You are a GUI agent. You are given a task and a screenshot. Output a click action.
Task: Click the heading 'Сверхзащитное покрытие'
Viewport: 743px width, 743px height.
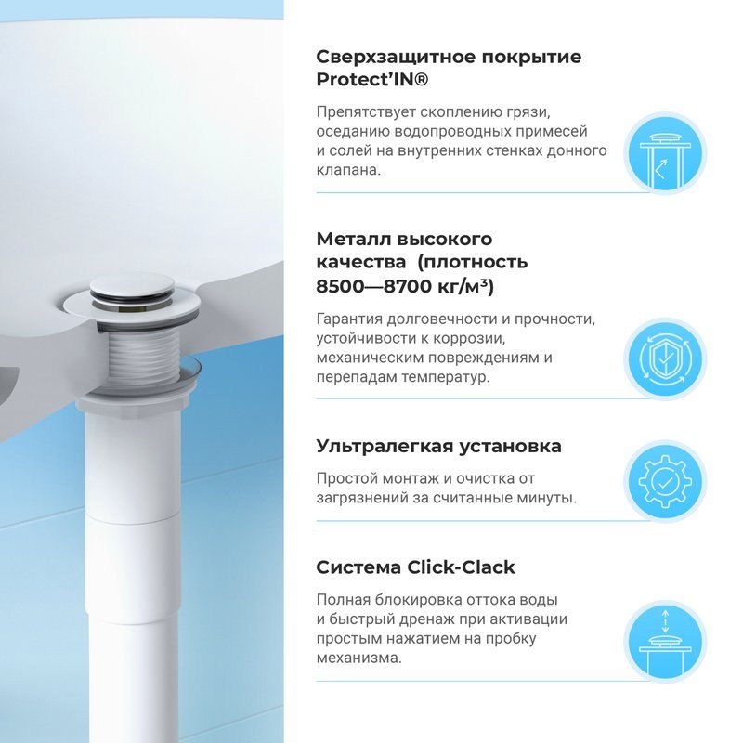[x=449, y=57]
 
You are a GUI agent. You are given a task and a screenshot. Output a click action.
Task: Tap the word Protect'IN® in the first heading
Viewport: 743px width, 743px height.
[x=371, y=81]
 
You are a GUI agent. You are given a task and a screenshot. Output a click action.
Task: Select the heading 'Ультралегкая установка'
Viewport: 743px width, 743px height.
[x=438, y=446]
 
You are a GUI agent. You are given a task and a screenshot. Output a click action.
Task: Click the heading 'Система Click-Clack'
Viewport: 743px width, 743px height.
[x=415, y=567]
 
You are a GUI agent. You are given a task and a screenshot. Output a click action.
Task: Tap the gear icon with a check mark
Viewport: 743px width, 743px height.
[x=660, y=482]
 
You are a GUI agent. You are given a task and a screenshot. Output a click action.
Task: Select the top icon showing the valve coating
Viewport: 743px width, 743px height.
[x=660, y=153]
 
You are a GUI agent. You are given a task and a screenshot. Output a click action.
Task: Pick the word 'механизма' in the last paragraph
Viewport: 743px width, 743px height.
[x=358, y=658]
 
